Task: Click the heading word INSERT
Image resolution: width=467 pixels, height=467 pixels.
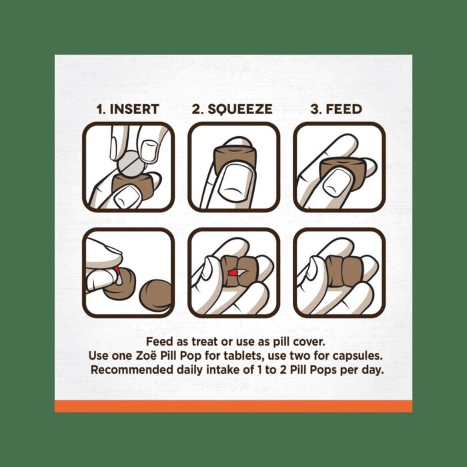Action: click(x=134, y=109)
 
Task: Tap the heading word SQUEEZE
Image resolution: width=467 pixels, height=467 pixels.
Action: click(x=240, y=109)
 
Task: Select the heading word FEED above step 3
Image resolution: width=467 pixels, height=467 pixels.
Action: click(x=344, y=109)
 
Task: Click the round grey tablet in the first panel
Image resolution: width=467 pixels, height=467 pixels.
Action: click(x=131, y=164)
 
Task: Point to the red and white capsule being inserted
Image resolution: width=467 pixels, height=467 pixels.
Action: click(x=117, y=276)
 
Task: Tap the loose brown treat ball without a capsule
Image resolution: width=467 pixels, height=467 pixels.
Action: click(x=155, y=296)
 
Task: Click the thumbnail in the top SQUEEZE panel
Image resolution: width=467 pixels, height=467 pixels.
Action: click(x=236, y=181)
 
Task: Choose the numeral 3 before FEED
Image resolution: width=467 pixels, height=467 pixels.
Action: click(x=314, y=109)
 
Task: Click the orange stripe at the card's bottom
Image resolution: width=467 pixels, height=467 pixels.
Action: click(x=233, y=406)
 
